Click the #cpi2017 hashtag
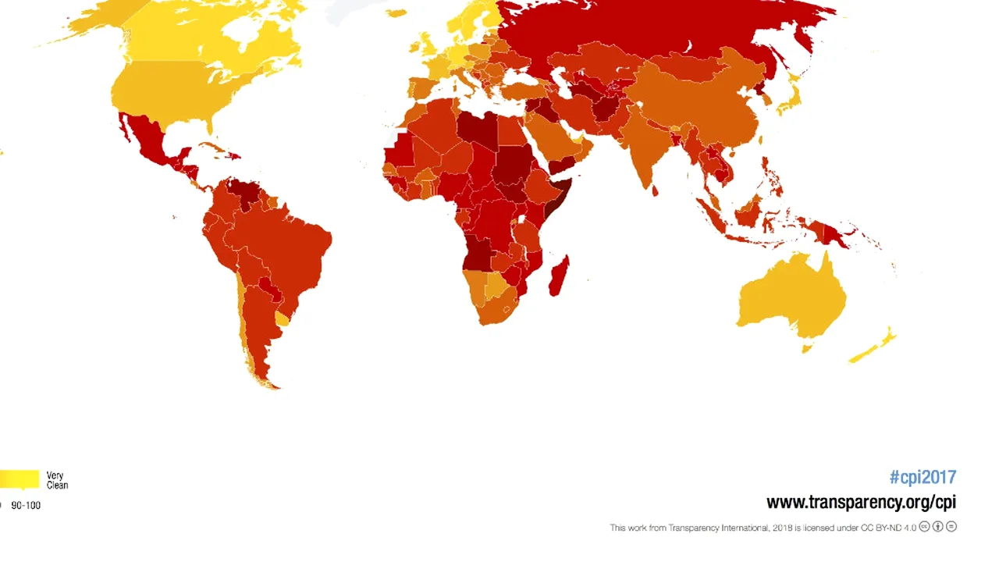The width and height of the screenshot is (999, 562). tap(922, 477)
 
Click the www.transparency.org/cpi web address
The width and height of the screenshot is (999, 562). tap(861, 502)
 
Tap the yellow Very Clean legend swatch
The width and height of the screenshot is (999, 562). tap(19, 478)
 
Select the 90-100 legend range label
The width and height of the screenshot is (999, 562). tap(26, 505)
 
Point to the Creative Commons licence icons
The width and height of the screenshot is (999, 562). tap(938, 527)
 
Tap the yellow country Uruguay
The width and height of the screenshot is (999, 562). tap(282, 318)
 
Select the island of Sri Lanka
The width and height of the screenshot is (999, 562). tap(654, 190)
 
